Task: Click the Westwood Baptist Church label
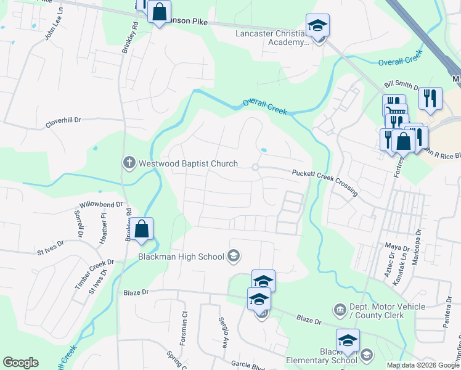click(x=188, y=163)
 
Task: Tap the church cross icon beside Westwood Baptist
click(x=129, y=163)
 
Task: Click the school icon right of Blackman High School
click(x=233, y=255)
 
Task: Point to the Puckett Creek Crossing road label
click(x=325, y=183)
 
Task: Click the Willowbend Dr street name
click(x=101, y=204)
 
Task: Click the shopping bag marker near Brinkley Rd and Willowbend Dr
click(x=142, y=229)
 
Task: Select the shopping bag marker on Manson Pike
click(x=159, y=12)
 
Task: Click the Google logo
click(x=20, y=363)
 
